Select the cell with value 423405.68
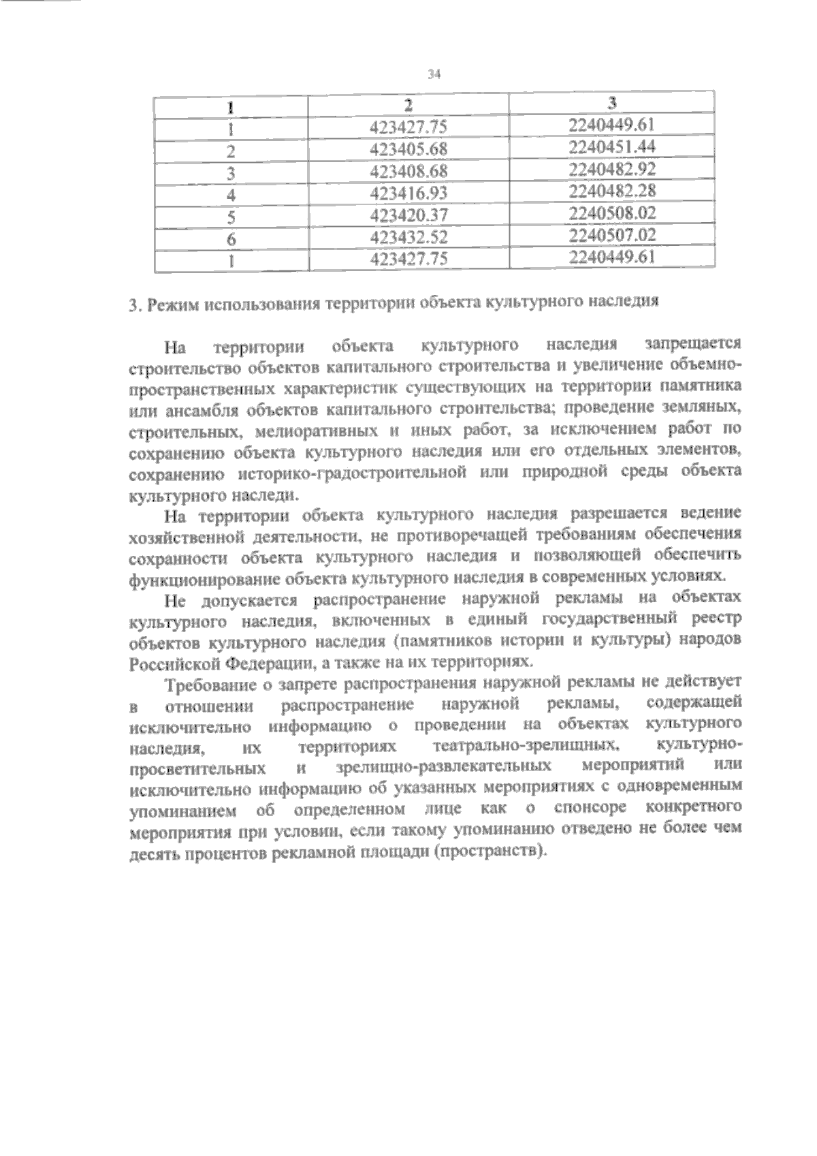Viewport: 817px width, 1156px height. [x=409, y=149]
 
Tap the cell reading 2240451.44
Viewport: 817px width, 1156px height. [x=612, y=146]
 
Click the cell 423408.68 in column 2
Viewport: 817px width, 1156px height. [x=409, y=171]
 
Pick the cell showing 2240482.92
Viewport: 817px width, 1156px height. [x=612, y=168]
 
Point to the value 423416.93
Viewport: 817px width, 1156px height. [x=409, y=193]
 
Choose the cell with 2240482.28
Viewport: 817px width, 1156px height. [x=612, y=191]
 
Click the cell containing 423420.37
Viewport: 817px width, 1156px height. [x=409, y=216]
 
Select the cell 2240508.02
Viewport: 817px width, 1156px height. [x=612, y=213]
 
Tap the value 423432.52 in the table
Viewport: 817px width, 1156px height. [x=409, y=238]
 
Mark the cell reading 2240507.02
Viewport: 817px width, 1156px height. [x=612, y=235]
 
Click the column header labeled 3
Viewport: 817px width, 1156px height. [x=612, y=103]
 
